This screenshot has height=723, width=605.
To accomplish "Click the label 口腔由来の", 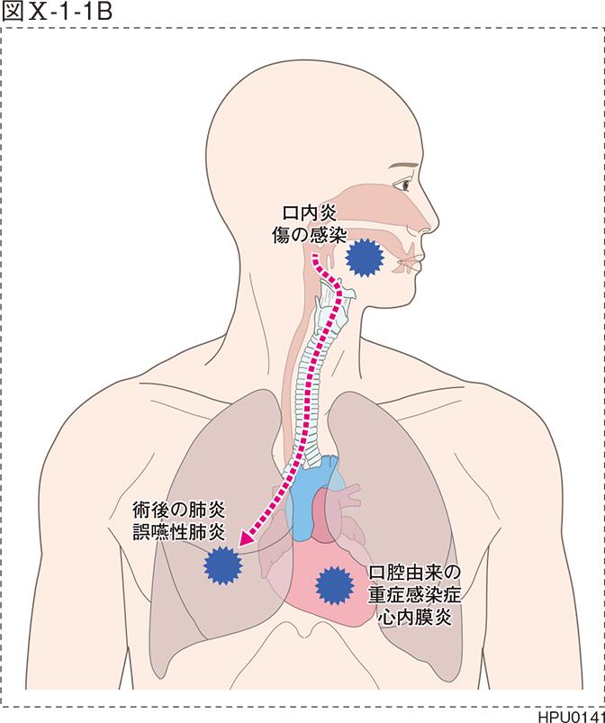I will coord(415,574).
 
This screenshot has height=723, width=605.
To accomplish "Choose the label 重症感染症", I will coord(415,594).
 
